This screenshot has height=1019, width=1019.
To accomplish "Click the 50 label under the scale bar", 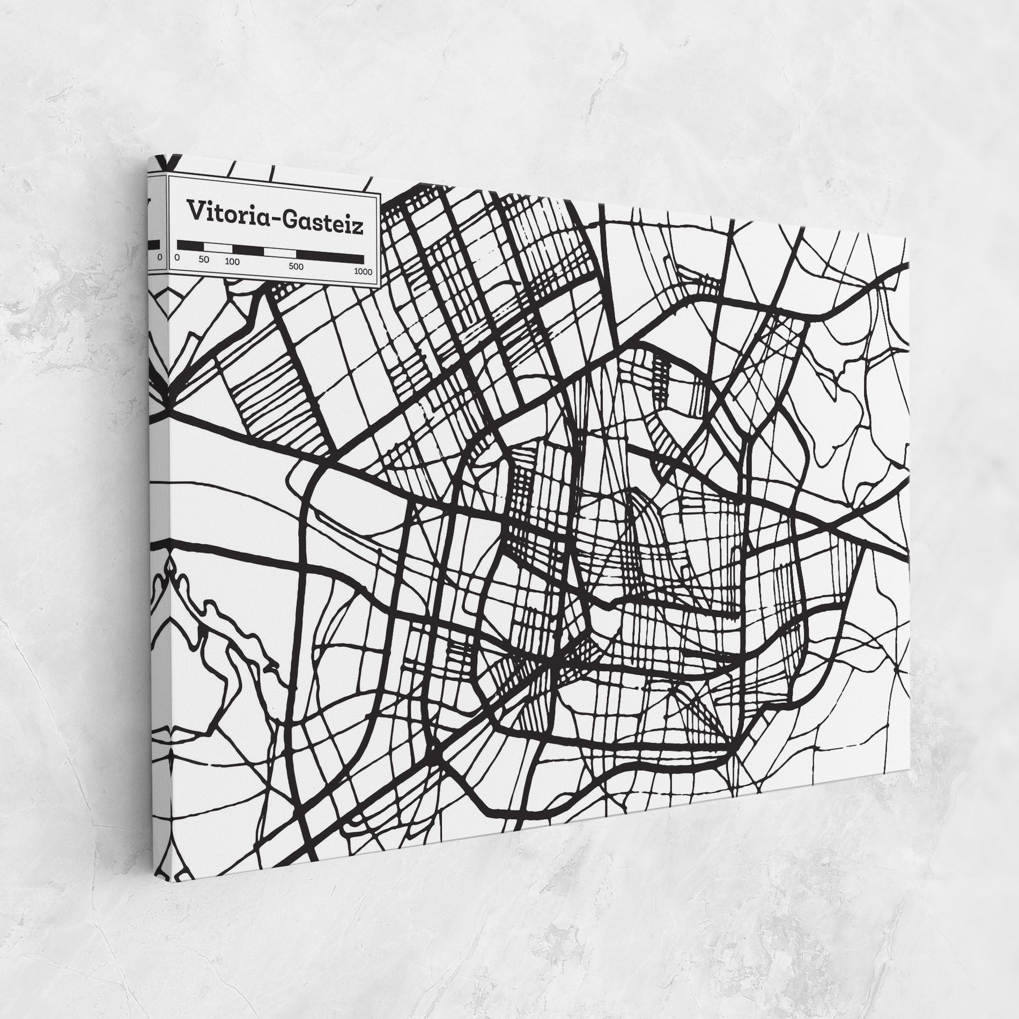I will (203, 260).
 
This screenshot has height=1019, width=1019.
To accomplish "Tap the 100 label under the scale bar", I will (232, 263).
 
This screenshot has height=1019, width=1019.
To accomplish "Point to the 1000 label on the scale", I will (363, 272).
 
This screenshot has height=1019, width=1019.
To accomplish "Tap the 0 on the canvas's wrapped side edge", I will (159, 257).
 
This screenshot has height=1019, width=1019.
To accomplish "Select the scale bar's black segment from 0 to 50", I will (190, 246).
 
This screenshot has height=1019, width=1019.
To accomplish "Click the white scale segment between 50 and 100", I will (217, 248).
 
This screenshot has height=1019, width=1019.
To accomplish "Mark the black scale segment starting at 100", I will (247, 250).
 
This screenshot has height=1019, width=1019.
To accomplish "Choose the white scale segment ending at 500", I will (280, 252).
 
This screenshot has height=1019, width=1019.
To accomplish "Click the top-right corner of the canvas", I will (907, 237).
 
